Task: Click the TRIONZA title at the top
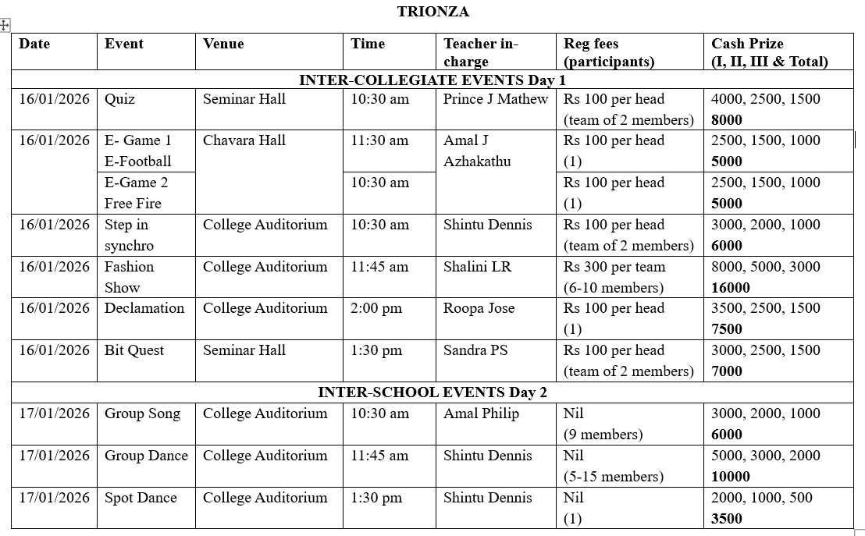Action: [x=432, y=11]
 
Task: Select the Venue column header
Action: [x=223, y=44]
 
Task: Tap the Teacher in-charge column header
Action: [x=480, y=52]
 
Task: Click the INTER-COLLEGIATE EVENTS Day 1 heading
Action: [x=432, y=80]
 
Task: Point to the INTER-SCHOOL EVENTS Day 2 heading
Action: [x=432, y=392]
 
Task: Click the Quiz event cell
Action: [x=119, y=99]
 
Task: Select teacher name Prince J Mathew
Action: [x=496, y=99]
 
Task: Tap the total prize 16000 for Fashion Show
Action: [x=731, y=287]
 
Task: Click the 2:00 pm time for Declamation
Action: [x=376, y=308]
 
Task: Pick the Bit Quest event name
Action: [x=134, y=350]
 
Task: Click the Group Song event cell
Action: [x=142, y=414]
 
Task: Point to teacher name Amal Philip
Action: [x=481, y=414]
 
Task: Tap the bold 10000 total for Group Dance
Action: [x=731, y=476]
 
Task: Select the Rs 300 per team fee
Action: [x=614, y=267]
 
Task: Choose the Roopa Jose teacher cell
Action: [x=479, y=308]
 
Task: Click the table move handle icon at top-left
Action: [x=4, y=25]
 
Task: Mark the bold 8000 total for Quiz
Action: [x=727, y=119]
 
